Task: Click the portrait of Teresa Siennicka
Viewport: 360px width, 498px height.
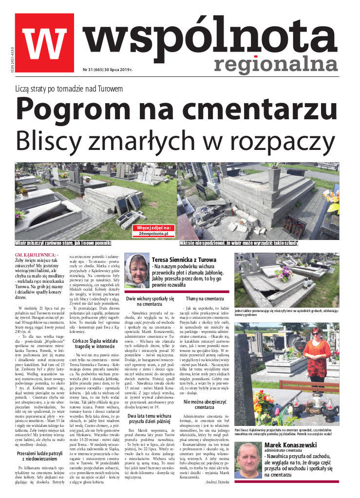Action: pyautogui.click(x=137, y=271)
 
